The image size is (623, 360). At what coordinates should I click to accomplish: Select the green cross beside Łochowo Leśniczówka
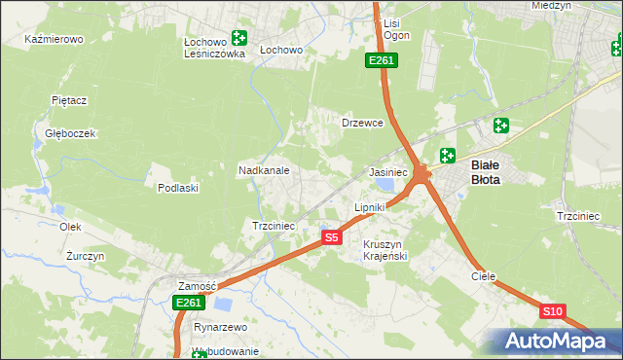point(238,39)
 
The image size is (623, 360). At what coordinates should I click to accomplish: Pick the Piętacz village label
point(70,99)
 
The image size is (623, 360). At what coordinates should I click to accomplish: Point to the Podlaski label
point(178,188)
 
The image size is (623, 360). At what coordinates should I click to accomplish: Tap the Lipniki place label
point(370,207)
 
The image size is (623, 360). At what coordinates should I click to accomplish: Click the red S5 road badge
point(331,236)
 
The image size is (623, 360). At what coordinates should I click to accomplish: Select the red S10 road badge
point(552,311)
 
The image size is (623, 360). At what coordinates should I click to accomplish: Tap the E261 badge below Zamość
point(188,304)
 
